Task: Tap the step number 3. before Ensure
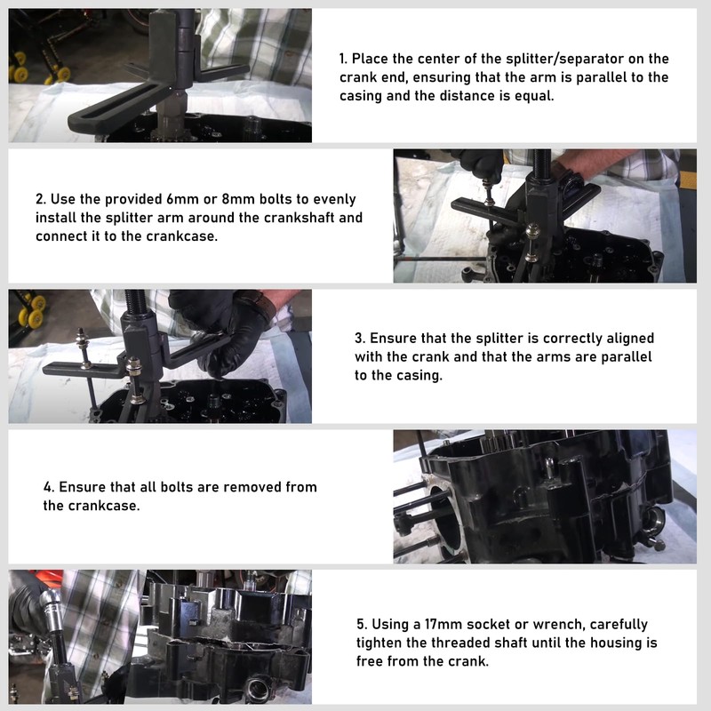click(360, 339)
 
